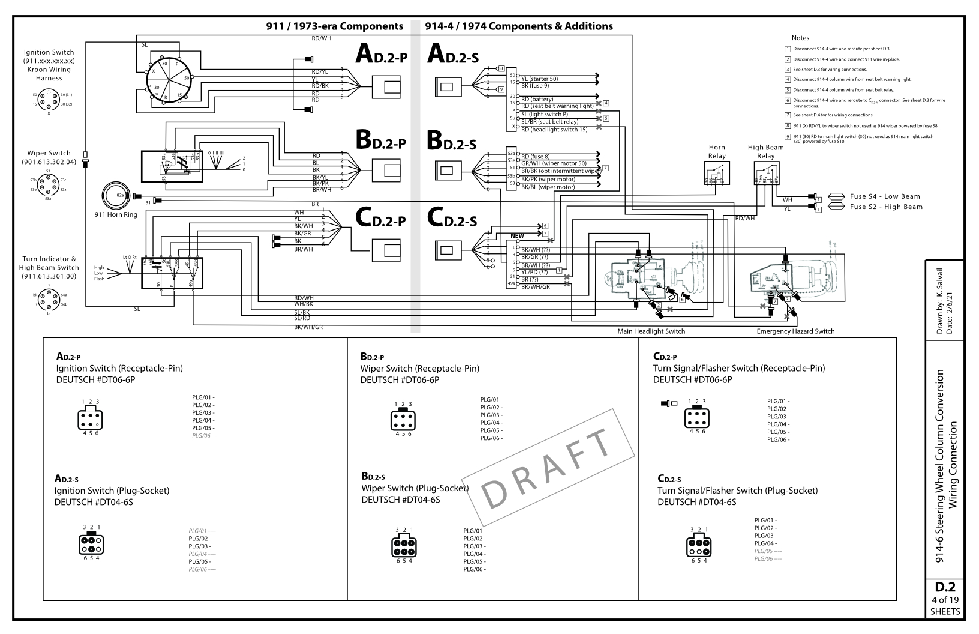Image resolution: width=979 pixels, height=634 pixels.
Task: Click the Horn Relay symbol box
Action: [x=716, y=173]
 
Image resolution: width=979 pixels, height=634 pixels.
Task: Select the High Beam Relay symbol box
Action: [x=766, y=173]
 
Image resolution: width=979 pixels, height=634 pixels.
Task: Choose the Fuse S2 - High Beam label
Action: [x=885, y=207]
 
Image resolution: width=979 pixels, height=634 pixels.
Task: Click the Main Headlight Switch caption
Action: [x=651, y=331]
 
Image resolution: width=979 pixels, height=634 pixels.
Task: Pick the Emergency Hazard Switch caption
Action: [x=795, y=331]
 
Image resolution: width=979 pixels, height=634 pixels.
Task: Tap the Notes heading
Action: [x=800, y=38]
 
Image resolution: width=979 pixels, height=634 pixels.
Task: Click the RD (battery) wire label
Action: [x=537, y=99]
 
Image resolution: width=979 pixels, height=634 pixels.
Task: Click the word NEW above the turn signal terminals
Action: [x=517, y=236]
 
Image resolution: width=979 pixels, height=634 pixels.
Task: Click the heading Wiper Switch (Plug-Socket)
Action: [x=415, y=488]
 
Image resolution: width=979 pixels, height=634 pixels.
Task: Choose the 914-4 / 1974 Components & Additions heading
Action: [x=518, y=26]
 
